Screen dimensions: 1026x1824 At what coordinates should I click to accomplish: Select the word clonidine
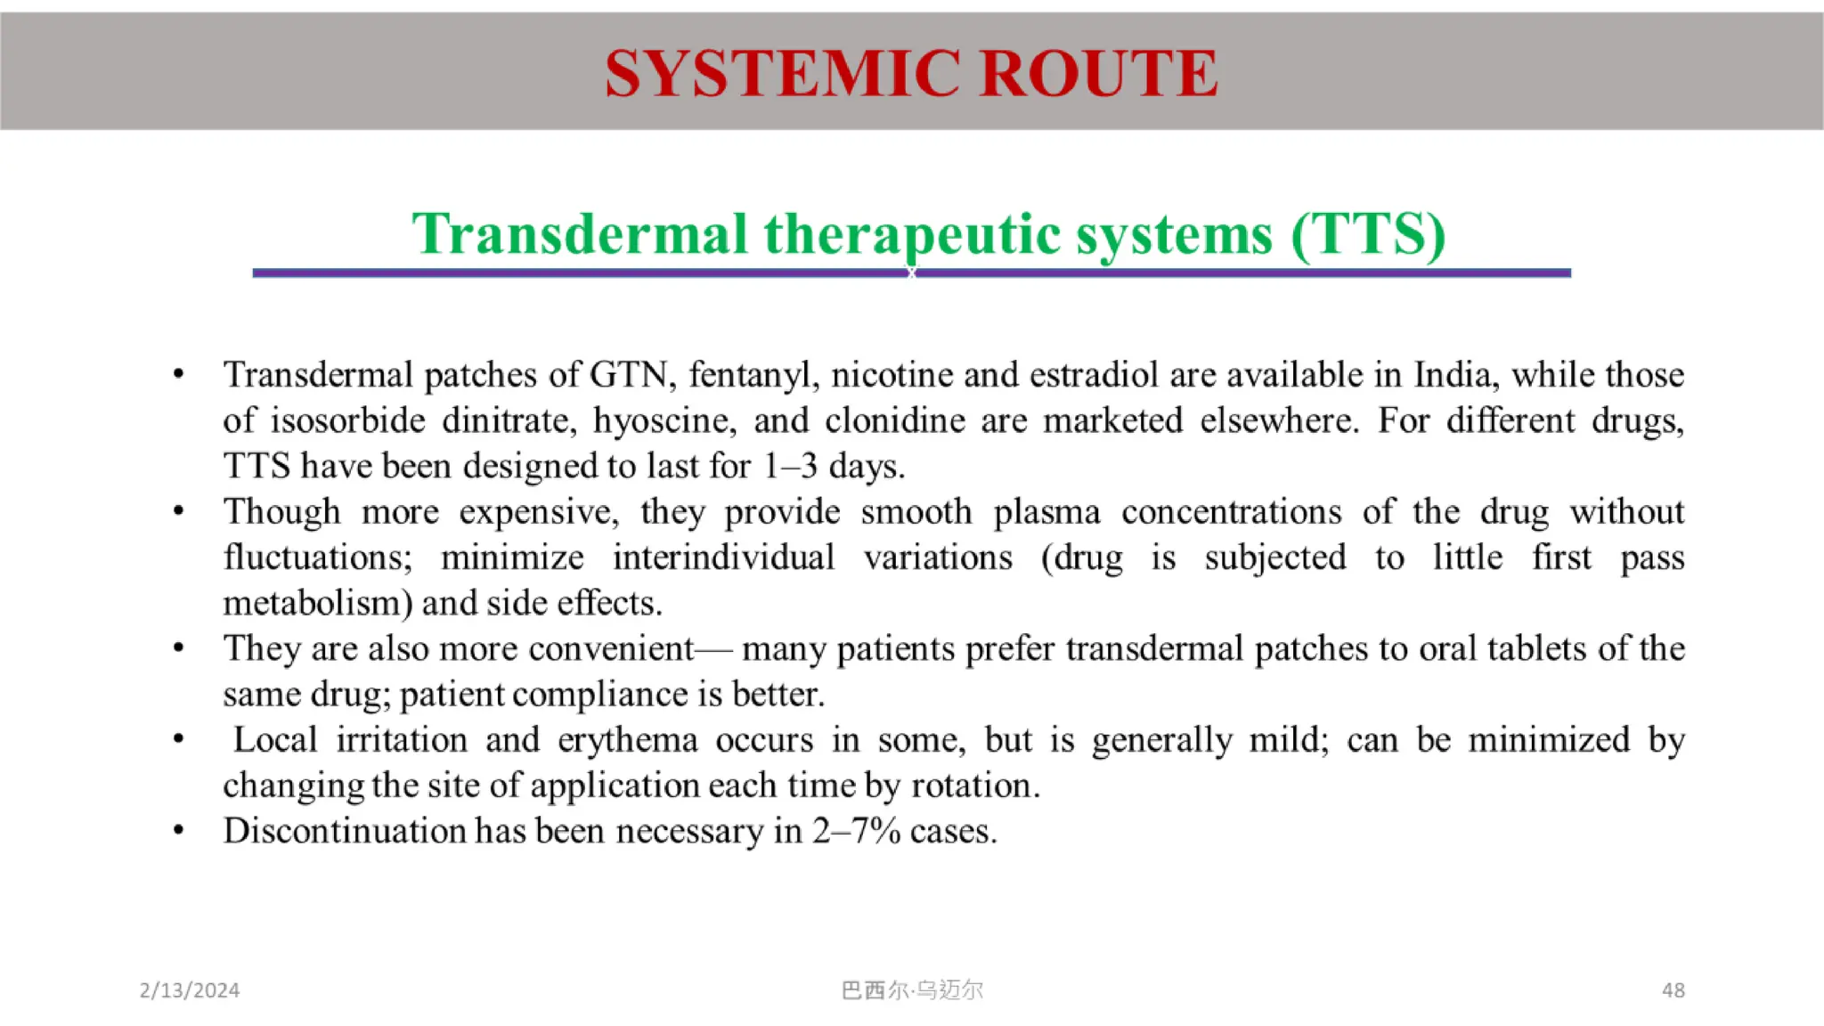(894, 420)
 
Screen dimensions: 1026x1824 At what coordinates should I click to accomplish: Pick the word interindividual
(723, 558)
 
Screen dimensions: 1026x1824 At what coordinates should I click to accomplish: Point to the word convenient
(610, 649)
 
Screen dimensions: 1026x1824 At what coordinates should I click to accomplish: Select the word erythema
(627, 740)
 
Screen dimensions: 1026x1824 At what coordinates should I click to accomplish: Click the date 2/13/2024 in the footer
(190, 990)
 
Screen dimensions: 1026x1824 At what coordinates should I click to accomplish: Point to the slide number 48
(1673, 990)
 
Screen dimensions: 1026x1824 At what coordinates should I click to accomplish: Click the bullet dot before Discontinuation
(179, 831)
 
